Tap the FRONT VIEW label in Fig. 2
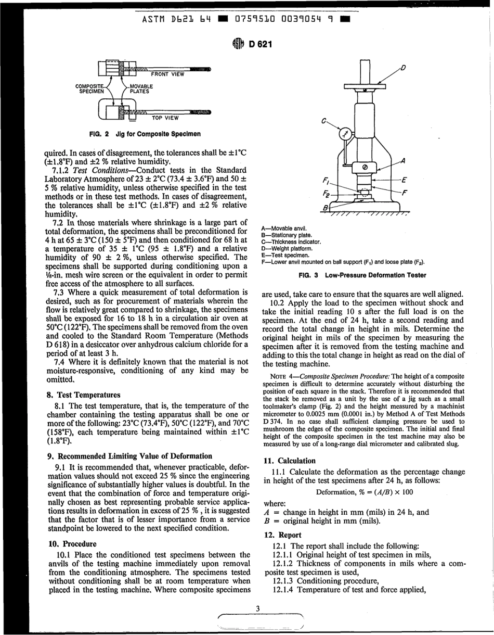(x=167, y=74)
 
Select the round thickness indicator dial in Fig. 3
(x=344, y=134)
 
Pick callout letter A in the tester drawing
(x=403, y=161)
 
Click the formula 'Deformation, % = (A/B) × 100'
(x=364, y=492)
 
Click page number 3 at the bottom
(x=257, y=608)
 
